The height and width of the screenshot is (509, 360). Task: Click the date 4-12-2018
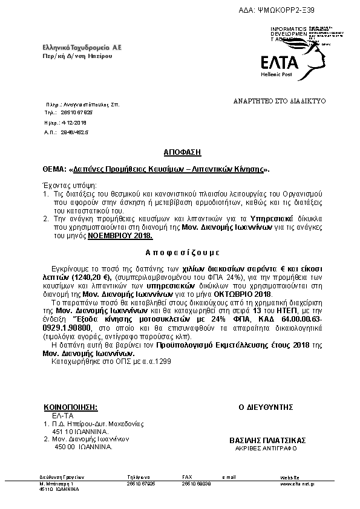pyautogui.click(x=74, y=122)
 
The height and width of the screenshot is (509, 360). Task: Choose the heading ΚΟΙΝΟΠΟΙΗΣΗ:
pyautogui.click(x=71, y=408)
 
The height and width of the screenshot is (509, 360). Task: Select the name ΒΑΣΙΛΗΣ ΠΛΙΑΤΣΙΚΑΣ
pyautogui.click(x=268, y=439)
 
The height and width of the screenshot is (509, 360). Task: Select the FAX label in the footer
pyautogui.click(x=187, y=478)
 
